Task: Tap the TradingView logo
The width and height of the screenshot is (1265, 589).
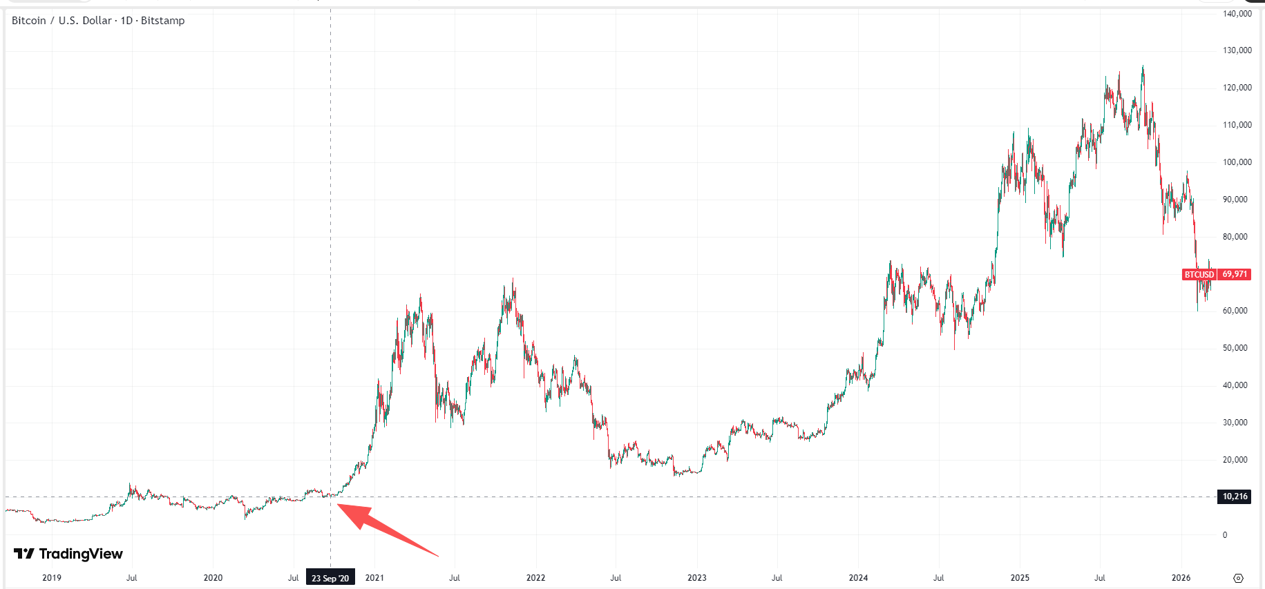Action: [x=68, y=554]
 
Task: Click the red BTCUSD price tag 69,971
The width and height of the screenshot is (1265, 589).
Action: [x=1216, y=274]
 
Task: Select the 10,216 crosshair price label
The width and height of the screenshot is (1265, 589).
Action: [x=1235, y=496]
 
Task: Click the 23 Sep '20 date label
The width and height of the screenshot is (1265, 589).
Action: [x=330, y=578]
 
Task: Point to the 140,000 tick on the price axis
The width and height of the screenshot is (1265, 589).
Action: [x=1237, y=14]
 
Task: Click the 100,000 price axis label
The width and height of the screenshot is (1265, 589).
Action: [x=1237, y=162]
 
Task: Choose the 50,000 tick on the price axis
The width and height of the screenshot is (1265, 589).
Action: [x=1235, y=348]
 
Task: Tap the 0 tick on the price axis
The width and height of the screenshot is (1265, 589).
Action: [x=1225, y=534]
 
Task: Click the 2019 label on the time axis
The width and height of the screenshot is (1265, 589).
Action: [x=52, y=578]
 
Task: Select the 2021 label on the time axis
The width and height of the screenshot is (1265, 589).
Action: [x=374, y=578]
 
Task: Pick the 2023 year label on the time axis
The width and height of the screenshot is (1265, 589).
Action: [x=697, y=578]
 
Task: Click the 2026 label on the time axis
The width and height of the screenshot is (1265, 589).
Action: [x=1181, y=578]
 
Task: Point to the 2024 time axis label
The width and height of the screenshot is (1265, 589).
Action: [x=858, y=578]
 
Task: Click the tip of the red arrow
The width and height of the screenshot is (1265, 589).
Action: [x=338, y=505]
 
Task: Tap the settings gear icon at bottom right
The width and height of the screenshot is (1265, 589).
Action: [x=1238, y=578]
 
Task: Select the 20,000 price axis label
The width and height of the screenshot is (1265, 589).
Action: [x=1235, y=460]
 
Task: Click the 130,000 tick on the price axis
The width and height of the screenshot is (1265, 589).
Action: [x=1237, y=50]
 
